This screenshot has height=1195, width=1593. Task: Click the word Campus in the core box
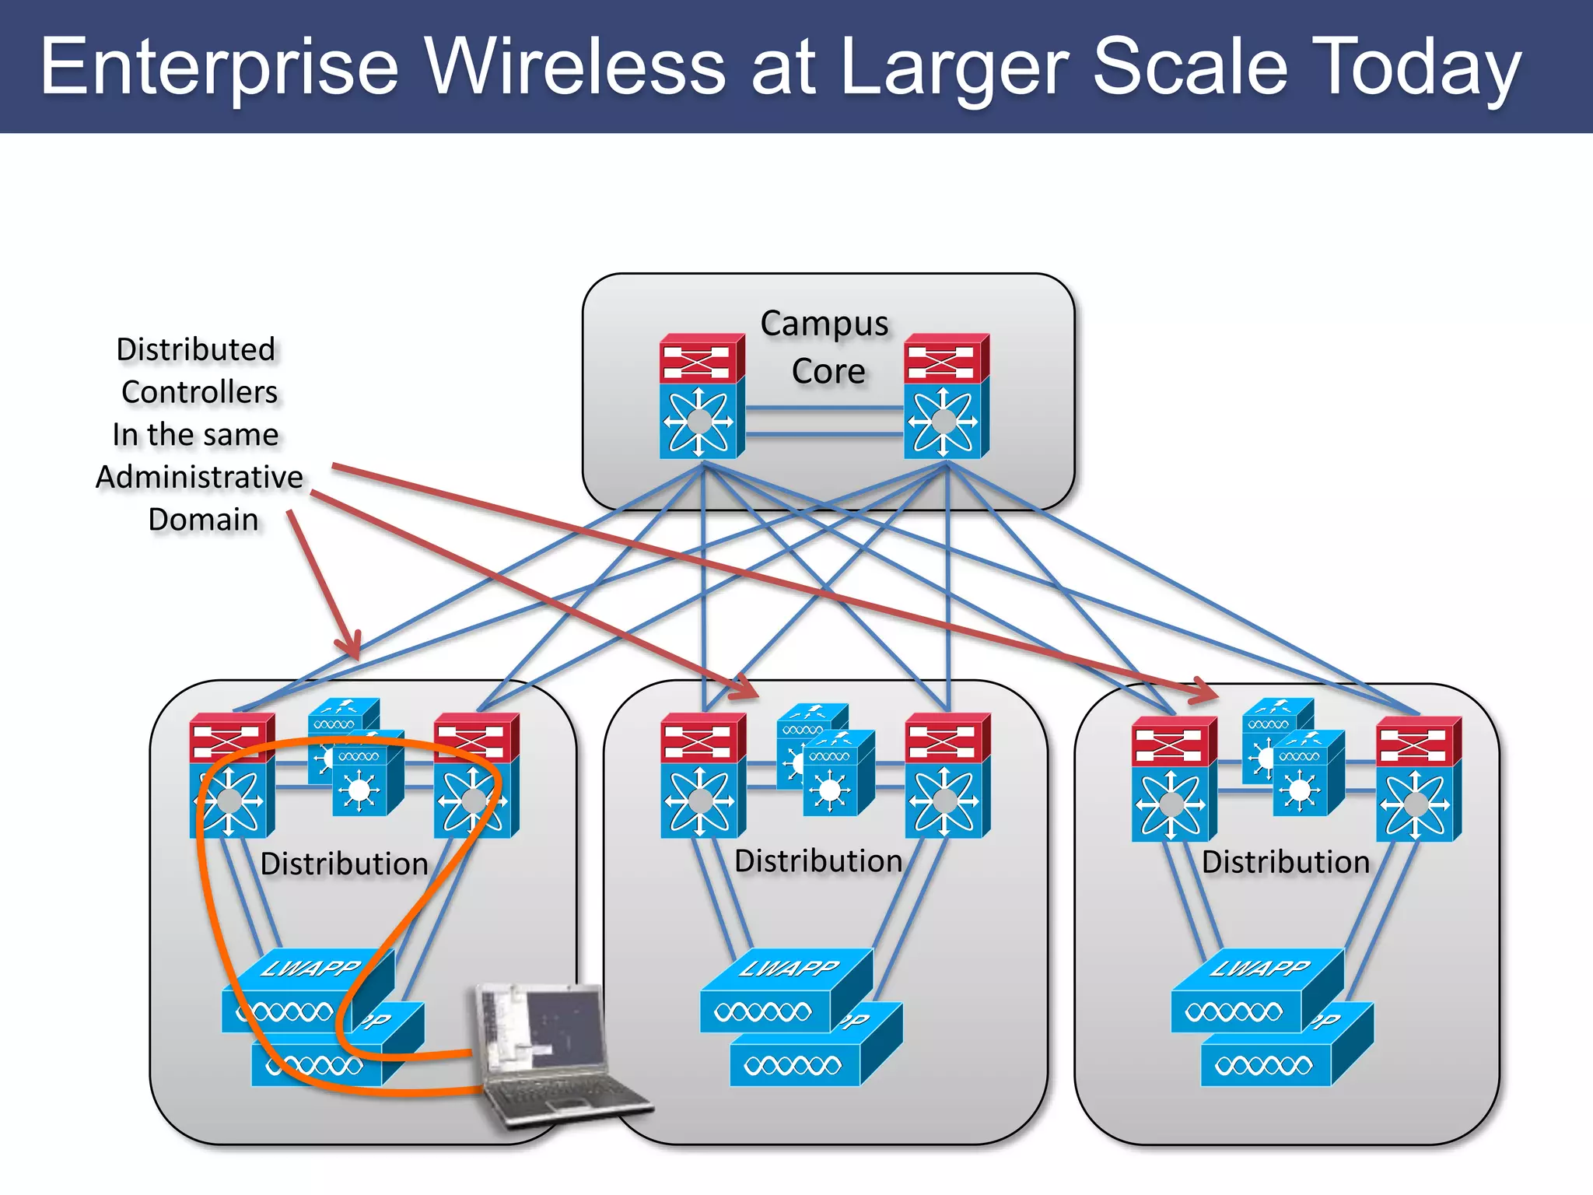824,324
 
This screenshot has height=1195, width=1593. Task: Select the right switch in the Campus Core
946,397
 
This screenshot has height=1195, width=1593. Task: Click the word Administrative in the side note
199,477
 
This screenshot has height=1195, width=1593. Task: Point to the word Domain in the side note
203,520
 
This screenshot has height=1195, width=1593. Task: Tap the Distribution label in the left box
344,864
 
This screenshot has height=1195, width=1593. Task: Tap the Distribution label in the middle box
818,861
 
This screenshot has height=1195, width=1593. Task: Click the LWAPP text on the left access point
311,969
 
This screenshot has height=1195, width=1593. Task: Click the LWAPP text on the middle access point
789,969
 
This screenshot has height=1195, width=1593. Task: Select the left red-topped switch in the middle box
702,776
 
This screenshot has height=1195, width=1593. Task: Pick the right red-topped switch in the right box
1417,779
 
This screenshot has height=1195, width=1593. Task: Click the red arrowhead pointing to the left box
350,645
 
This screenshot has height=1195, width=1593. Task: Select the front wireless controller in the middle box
837,773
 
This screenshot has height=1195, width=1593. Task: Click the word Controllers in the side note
199,392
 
